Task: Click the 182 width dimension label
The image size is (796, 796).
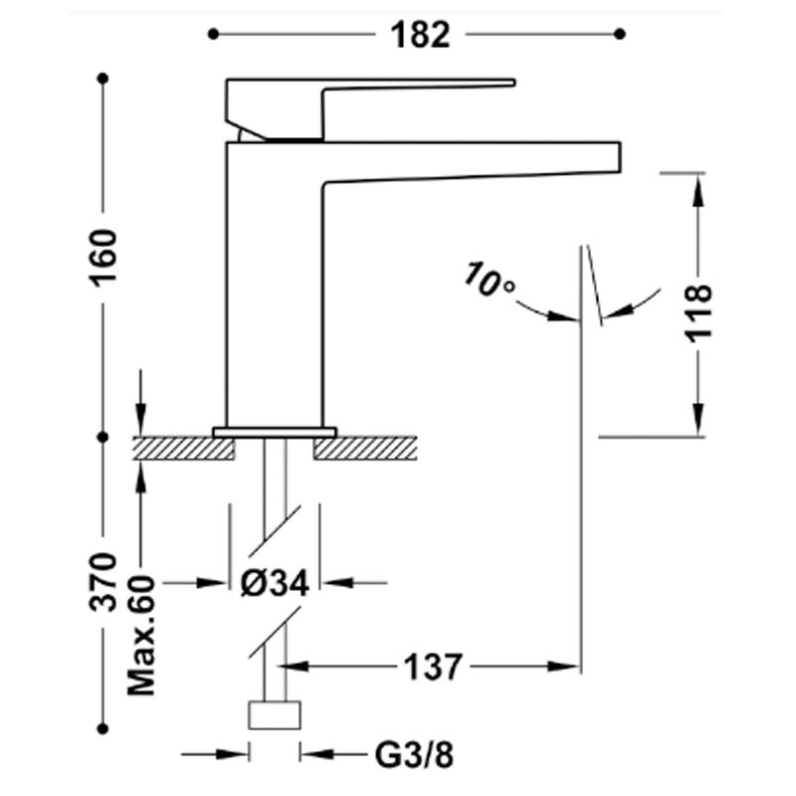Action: pyautogui.click(x=420, y=35)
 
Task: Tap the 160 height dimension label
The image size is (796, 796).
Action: pyautogui.click(x=103, y=258)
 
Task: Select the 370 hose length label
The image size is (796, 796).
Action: pyautogui.click(x=103, y=582)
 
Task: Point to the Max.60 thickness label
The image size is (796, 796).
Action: pyautogui.click(x=141, y=635)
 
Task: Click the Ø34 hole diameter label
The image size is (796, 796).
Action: pyautogui.click(x=275, y=583)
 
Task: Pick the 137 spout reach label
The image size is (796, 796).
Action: pyautogui.click(x=433, y=667)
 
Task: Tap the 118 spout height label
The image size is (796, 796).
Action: pyautogui.click(x=698, y=313)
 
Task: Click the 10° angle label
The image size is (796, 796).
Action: pyautogui.click(x=489, y=280)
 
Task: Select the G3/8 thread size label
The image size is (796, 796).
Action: pyautogui.click(x=414, y=755)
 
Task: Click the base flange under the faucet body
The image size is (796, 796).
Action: pyautogui.click(x=275, y=432)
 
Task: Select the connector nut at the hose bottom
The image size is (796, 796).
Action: pyautogui.click(x=275, y=714)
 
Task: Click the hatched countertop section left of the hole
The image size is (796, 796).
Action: pyautogui.click(x=184, y=449)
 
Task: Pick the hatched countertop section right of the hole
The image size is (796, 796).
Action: pyautogui.click(x=365, y=449)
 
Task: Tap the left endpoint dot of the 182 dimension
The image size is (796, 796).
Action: pyautogui.click(x=213, y=34)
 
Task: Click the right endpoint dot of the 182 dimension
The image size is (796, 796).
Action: pyautogui.click(x=619, y=34)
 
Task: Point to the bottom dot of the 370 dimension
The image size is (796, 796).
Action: pyautogui.click(x=103, y=729)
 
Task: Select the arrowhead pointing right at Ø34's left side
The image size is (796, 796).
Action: pyautogui.click(x=211, y=583)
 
